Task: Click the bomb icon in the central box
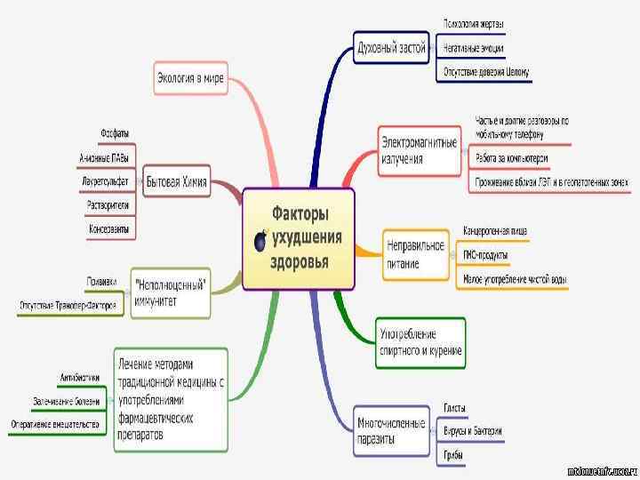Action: click(x=261, y=241)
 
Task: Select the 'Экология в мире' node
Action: click(x=190, y=78)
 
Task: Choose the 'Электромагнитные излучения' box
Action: click(x=420, y=150)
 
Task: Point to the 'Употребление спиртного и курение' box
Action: click(x=420, y=343)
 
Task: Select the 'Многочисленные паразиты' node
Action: click(x=390, y=430)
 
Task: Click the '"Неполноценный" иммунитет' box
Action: click(x=171, y=292)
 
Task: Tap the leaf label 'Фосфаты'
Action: click(x=115, y=134)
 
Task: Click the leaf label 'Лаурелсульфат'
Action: click(x=106, y=181)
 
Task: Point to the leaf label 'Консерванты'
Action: click(x=108, y=228)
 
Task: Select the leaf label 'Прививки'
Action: click(x=101, y=281)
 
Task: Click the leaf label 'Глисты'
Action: click(x=454, y=408)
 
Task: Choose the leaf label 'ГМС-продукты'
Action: click(x=485, y=255)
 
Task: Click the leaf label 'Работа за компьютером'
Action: click(x=511, y=158)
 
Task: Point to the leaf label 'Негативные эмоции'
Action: click(x=476, y=47)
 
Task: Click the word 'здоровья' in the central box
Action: click(x=300, y=261)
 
